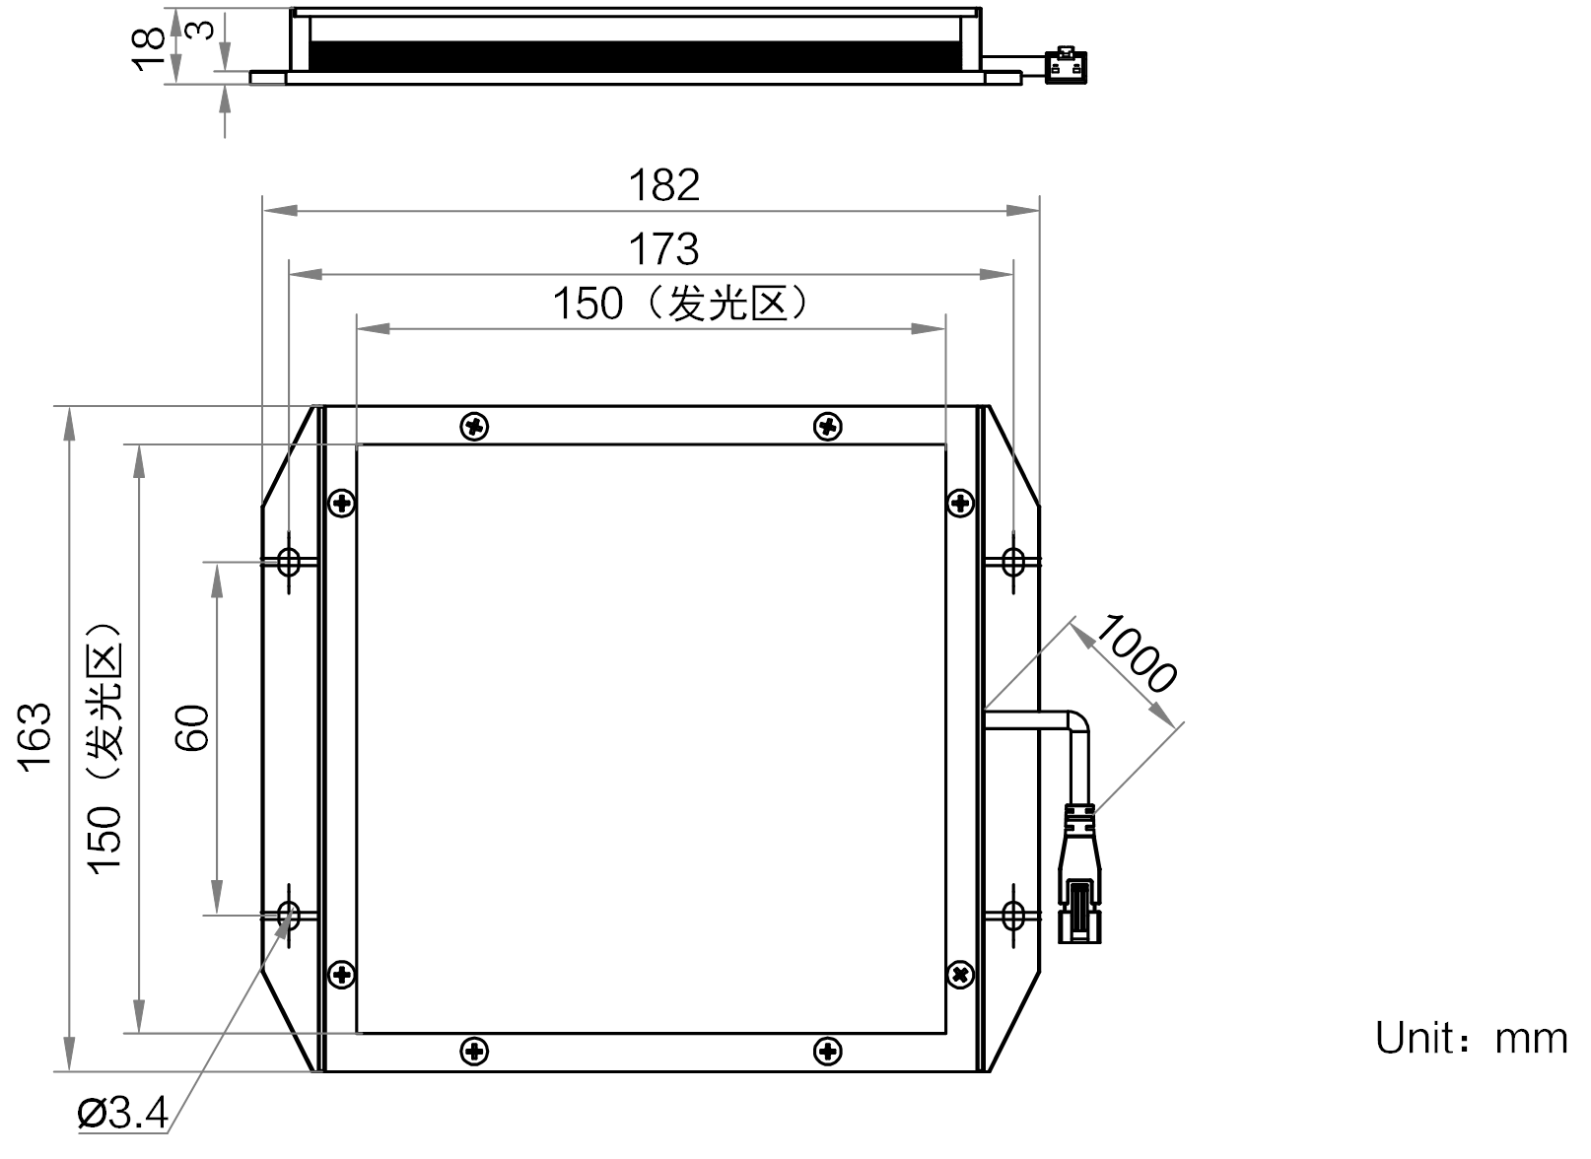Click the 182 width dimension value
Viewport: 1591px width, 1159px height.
coord(664,185)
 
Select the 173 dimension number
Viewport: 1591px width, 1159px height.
coord(664,249)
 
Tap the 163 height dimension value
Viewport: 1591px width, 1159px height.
coord(35,737)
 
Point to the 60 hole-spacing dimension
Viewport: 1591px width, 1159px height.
coord(192,728)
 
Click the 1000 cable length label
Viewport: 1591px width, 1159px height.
coord(1137,653)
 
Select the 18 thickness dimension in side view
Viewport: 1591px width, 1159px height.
coord(149,49)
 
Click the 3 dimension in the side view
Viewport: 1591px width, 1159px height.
coord(202,30)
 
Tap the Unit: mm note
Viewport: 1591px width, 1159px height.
coord(1472,1039)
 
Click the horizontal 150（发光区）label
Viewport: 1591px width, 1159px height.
coord(680,304)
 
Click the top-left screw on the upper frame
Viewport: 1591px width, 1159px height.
coord(474,427)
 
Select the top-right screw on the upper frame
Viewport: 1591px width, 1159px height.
coord(827,427)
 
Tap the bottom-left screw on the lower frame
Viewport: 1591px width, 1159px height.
coord(474,1051)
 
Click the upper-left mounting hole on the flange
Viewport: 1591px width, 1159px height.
coord(289,562)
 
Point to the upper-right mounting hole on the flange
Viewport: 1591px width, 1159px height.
coord(1013,562)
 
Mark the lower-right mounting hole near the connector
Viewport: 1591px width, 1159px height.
coord(1013,915)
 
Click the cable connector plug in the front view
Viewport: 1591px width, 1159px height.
coord(1079,873)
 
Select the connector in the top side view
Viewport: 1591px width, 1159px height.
coord(1067,65)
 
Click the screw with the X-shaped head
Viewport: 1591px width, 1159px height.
coord(961,975)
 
